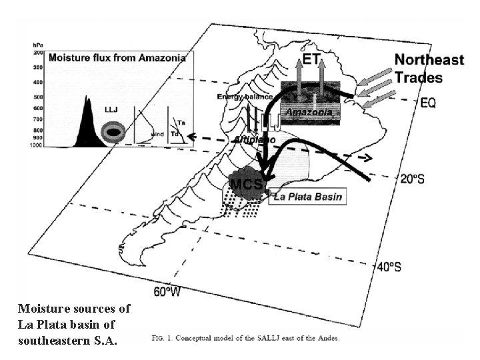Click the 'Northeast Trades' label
click(429, 68)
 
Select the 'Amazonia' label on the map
click(308, 113)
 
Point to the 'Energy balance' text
click(244, 97)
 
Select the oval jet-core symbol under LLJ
click(114, 133)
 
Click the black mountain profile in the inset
click(87, 127)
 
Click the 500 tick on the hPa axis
click(37, 97)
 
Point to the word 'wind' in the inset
click(157, 134)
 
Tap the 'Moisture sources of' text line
click(74, 309)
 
